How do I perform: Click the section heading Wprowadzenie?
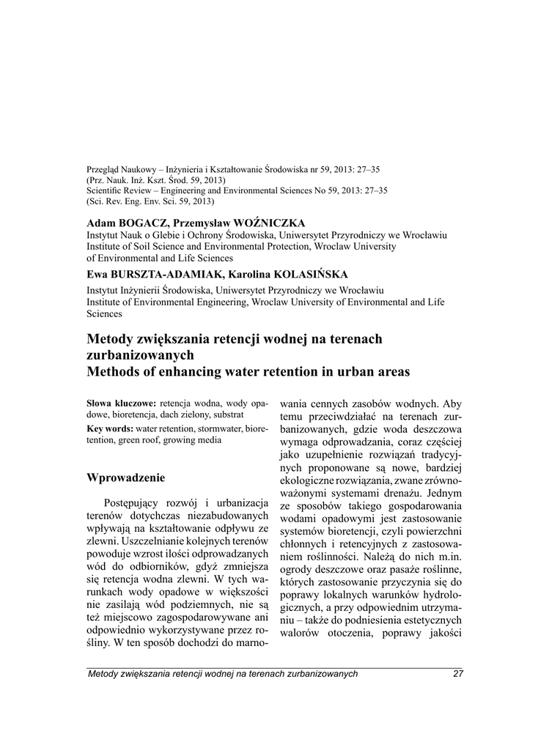click(x=125, y=478)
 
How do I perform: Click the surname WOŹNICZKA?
click(x=270, y=223)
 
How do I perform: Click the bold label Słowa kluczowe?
click(x=121, y=404)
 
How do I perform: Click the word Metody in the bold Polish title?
click(x=111, y=339)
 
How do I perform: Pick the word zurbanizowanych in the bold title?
click(x=140, y=355)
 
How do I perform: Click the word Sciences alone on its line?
click(x=105, y=313)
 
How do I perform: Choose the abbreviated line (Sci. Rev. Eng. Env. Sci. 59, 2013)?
click(x=150, y=200)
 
